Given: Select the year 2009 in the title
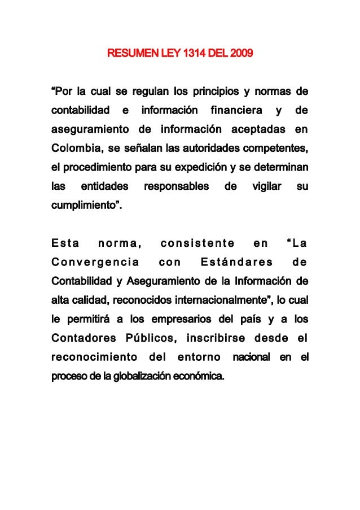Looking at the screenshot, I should pyautogui.click(x=240, y=55).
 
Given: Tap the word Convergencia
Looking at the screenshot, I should pyautogui.click(x=96, y=262).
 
